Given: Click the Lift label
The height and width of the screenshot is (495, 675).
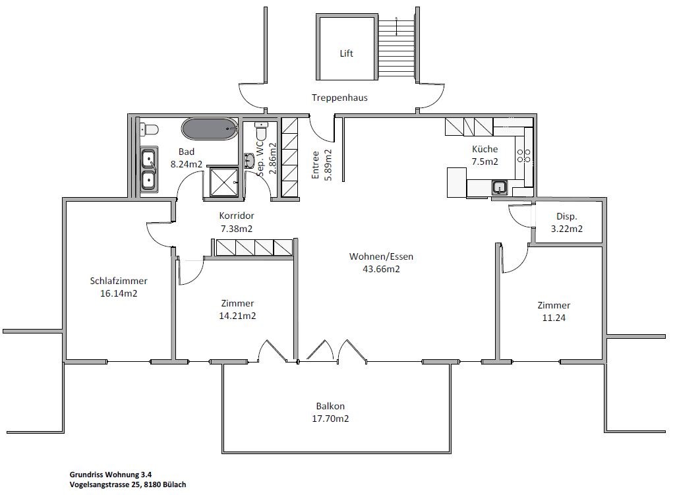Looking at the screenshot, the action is [347, 53].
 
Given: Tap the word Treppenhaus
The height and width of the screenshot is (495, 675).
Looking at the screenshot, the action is [339, 98].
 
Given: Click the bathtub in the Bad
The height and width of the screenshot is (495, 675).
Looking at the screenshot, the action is [210, 129].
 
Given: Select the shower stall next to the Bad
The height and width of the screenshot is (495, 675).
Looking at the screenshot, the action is [223, 183].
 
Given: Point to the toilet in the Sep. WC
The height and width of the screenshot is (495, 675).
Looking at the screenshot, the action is [261, 130].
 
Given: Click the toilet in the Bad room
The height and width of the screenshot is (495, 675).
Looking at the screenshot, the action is [149, 129].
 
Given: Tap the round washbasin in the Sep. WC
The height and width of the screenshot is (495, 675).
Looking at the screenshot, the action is [249, 160].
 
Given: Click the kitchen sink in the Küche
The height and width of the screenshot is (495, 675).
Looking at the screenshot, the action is [500, 187].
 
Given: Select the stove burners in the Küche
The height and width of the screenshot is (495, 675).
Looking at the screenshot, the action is [523, 156].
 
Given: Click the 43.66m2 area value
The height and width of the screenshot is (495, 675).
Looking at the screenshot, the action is [382, 269].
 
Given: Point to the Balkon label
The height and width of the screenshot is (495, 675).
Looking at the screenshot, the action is [330, 406].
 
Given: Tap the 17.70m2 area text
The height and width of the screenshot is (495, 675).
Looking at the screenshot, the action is [330, 419].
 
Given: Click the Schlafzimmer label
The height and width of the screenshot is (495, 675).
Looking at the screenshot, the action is [119, 281].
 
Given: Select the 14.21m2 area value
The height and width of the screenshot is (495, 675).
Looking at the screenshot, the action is [237, 316].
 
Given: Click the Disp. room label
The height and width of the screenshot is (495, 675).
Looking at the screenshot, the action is [566, 216].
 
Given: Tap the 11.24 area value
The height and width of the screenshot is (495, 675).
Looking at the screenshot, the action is [554, 318].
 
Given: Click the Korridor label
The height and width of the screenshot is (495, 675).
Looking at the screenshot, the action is [237, 216].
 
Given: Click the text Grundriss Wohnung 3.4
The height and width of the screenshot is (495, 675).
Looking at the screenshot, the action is [111, 475].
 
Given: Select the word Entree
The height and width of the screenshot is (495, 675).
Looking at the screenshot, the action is [316, 165].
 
